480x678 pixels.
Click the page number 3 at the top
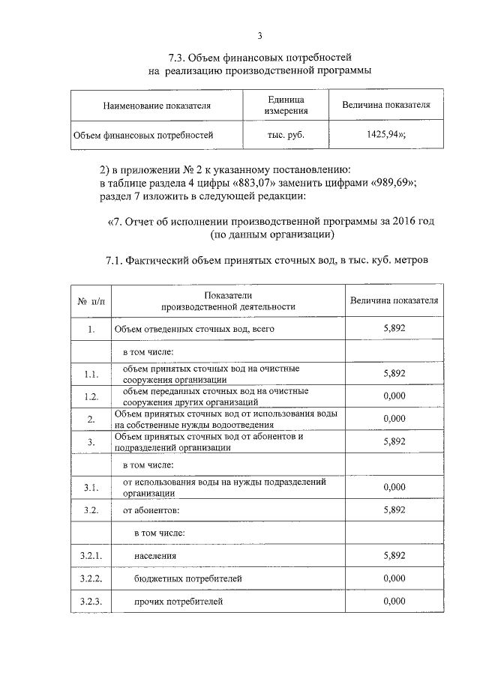(259, 36)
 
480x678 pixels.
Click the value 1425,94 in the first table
(384, 136)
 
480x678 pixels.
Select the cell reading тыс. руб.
(286, 136)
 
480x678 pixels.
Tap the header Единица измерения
(286, 105)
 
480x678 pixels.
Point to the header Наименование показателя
(157, 106)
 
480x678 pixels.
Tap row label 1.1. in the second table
(92, 374)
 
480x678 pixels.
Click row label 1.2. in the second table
(92, 396)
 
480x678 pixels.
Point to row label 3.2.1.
(91, 556)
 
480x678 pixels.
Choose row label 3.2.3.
(91, 602)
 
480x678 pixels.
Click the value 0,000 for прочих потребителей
(394, 602)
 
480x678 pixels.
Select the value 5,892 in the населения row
(394, 556)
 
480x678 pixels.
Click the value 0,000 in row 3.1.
(394, 487)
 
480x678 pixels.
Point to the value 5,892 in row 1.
(394, 329)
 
